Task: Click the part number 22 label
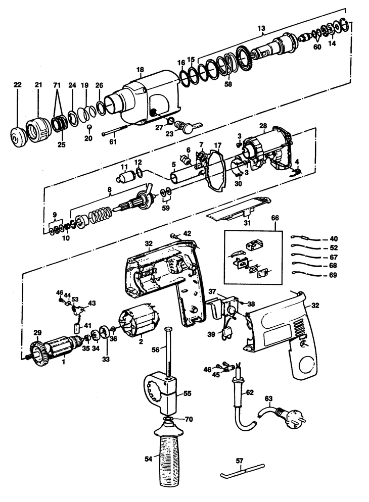(17, 85)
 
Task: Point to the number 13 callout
(261, 28)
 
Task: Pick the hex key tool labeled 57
(243, 472)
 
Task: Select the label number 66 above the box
(275, 218)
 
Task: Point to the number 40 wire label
(334, 239)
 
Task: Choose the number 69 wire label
(334, 275)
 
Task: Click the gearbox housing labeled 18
(147, 97)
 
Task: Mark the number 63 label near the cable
(268, 398)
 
